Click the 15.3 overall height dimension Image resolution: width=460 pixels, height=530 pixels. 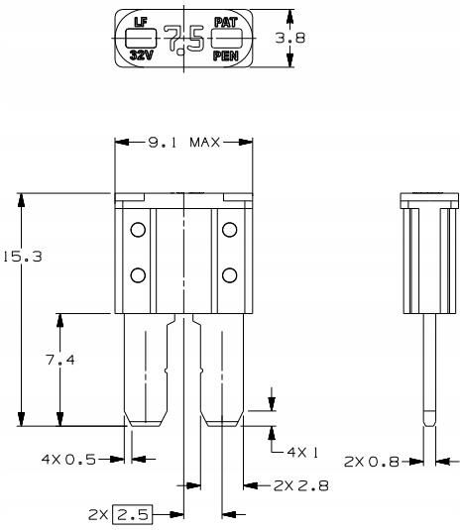(x=23, y=257)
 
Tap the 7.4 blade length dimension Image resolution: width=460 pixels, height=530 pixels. (x=60, y=360)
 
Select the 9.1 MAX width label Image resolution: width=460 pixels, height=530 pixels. (x=184, y=143)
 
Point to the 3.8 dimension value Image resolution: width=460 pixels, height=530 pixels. (x=290, y=38)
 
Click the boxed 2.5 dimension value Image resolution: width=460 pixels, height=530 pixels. (x=132, y=515)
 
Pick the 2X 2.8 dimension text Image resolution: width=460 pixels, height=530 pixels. (x=301, y=485)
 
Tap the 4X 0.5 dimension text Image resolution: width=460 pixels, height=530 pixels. (x=68, y=460)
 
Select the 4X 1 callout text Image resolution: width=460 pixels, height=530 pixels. (x=302, y=452)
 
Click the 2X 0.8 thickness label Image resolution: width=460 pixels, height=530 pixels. (x=372, y=462)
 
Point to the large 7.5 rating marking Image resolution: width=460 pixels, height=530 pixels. (x=184, y=40)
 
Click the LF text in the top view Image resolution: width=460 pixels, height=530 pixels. (x=141, y=22)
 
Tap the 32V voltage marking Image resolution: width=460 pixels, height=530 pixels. (x=142, y=54)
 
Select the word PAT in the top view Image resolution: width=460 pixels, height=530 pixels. (x=226, y=23)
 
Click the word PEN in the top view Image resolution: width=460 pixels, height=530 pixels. (x=226, y=55)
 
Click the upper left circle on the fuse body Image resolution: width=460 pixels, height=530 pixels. (x=138, y=230)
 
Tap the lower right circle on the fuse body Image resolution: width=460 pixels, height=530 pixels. (x=229, y=275)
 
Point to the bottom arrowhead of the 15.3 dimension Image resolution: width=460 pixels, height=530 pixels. (x=21, y=419)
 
